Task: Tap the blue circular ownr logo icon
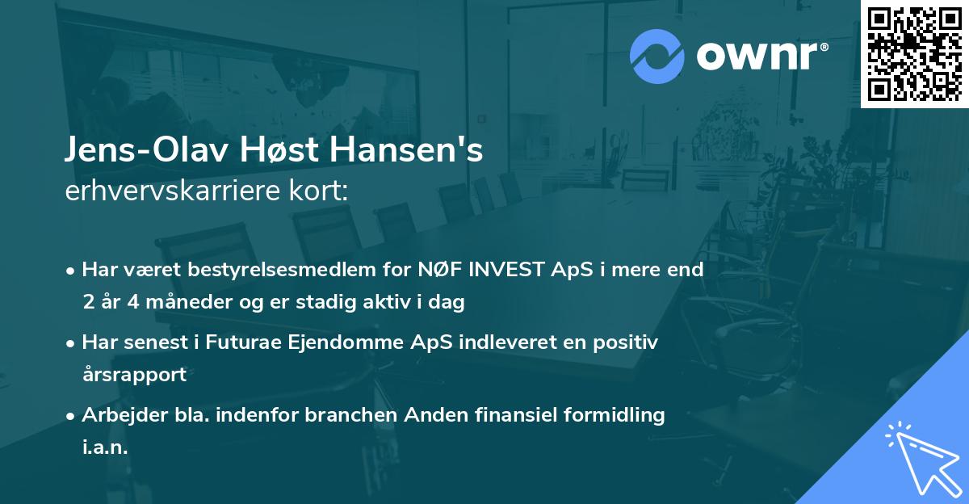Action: tap(657, 56)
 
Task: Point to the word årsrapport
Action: tap(134, 375)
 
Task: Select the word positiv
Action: tap(627, 342)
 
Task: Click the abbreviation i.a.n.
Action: tap(105, 447)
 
